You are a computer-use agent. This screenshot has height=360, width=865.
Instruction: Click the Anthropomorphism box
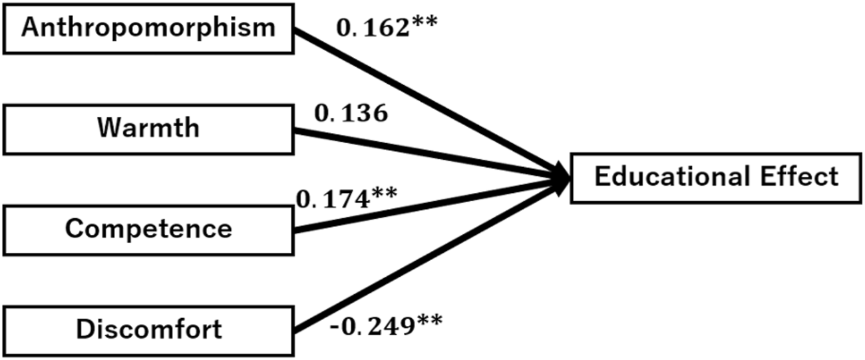pyautogui.click(x=148, y=28)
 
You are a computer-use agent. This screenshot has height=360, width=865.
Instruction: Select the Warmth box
pyautogui.click(x=148, y=128)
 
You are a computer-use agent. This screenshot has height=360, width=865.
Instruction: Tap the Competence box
pyautogui.click(x=148, y=229)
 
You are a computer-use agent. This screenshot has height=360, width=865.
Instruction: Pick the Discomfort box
pyautogui.click(x=148, y=329)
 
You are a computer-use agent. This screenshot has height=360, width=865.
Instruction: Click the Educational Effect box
pyautogui.click(x=716, y=178)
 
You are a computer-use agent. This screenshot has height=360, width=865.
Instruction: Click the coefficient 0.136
pyautogui.click(x=351, y=114)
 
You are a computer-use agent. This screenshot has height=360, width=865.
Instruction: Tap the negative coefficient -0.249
pyautogui.click(x=367, y=327)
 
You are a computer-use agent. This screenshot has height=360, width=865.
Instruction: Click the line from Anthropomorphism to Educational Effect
pyautogui.click(x=426, y=100)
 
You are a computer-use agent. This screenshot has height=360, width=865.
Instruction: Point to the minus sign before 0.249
pyautogui.click(x=335, y=328)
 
